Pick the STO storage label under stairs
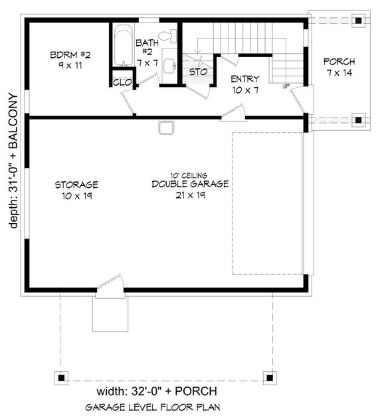click(x=196, y=71)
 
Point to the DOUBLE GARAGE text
click(x=190, y=184)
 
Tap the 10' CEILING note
click(x=190, y=175)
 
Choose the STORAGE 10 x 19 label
click(x=76, y=189)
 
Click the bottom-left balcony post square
click(x=61, y=376)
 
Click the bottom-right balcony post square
click(x=269, y=376)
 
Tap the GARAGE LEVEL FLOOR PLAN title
click(x=153, y=406)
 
